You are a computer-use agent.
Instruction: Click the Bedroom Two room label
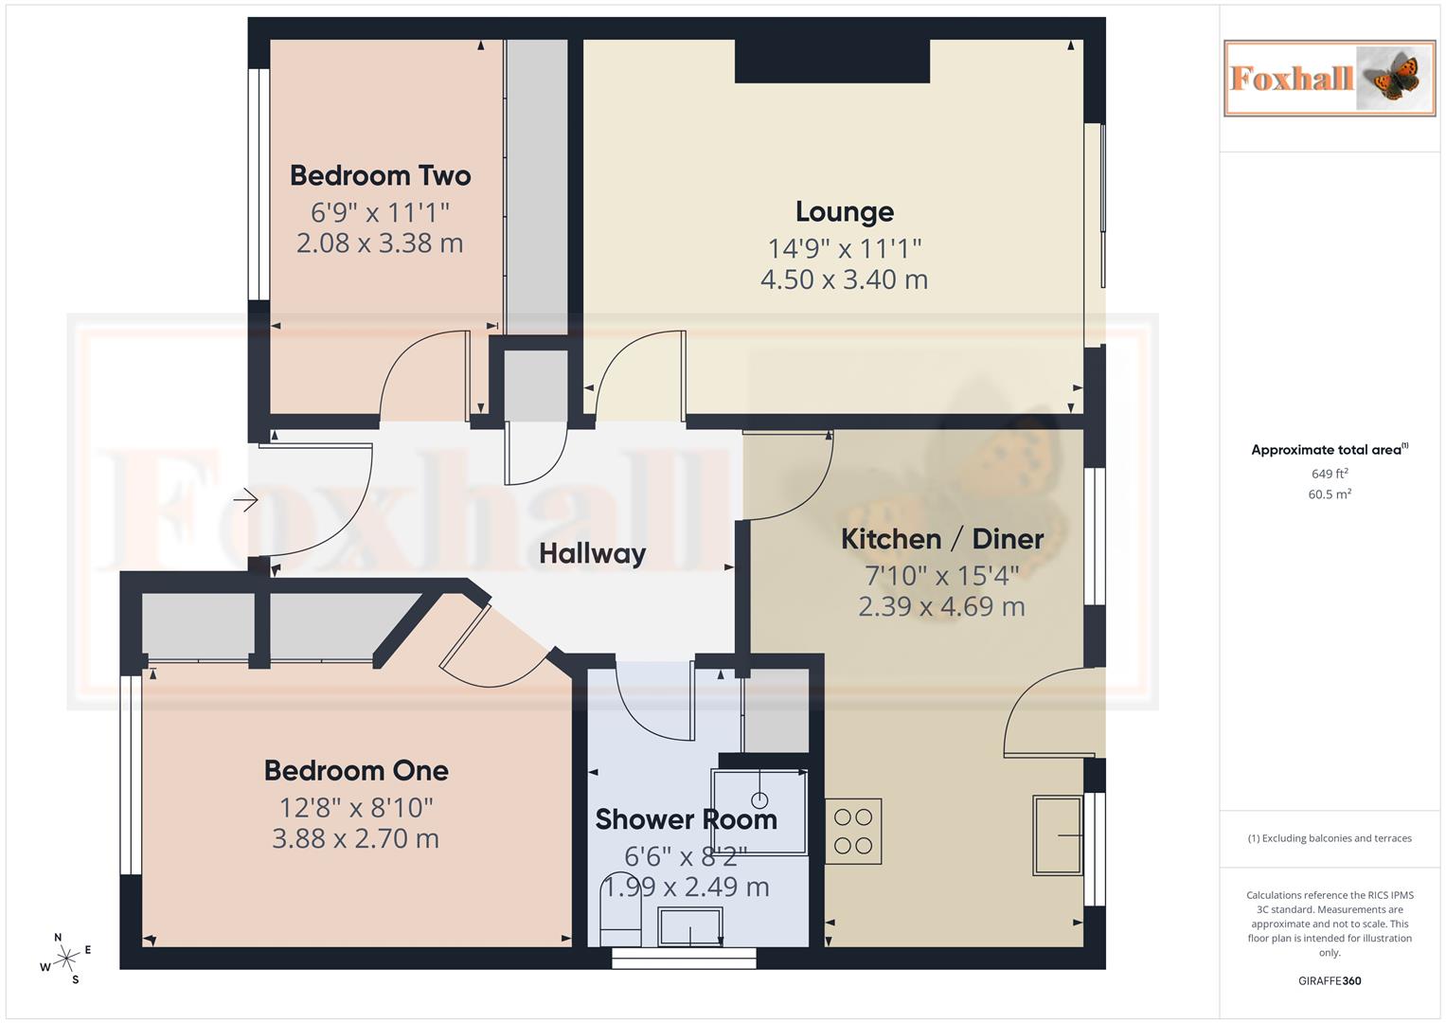380,175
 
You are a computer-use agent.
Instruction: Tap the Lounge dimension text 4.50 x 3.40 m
844,279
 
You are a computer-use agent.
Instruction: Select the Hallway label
592,553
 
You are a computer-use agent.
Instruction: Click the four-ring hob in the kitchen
853,832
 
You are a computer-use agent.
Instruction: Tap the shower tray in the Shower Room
759,812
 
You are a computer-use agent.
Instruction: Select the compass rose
66,959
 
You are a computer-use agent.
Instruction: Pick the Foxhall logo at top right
1329,78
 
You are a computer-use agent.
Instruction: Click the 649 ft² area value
1329,474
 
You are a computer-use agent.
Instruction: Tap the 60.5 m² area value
1329,494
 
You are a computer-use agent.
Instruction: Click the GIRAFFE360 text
1329,980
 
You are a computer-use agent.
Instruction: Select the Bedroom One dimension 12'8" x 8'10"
356,807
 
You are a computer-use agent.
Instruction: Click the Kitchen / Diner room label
942,539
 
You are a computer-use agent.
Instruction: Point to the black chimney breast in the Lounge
832,61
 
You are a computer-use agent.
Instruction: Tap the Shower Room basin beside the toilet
690,925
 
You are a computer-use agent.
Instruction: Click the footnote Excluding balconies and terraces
1329,838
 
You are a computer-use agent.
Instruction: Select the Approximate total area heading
1329,450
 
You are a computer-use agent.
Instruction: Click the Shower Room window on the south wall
684,958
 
